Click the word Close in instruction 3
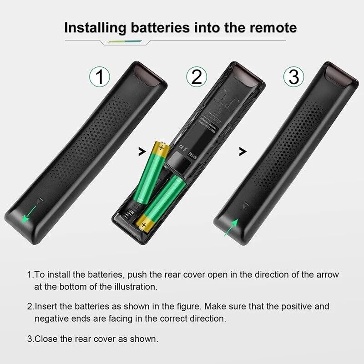pos(45,339)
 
